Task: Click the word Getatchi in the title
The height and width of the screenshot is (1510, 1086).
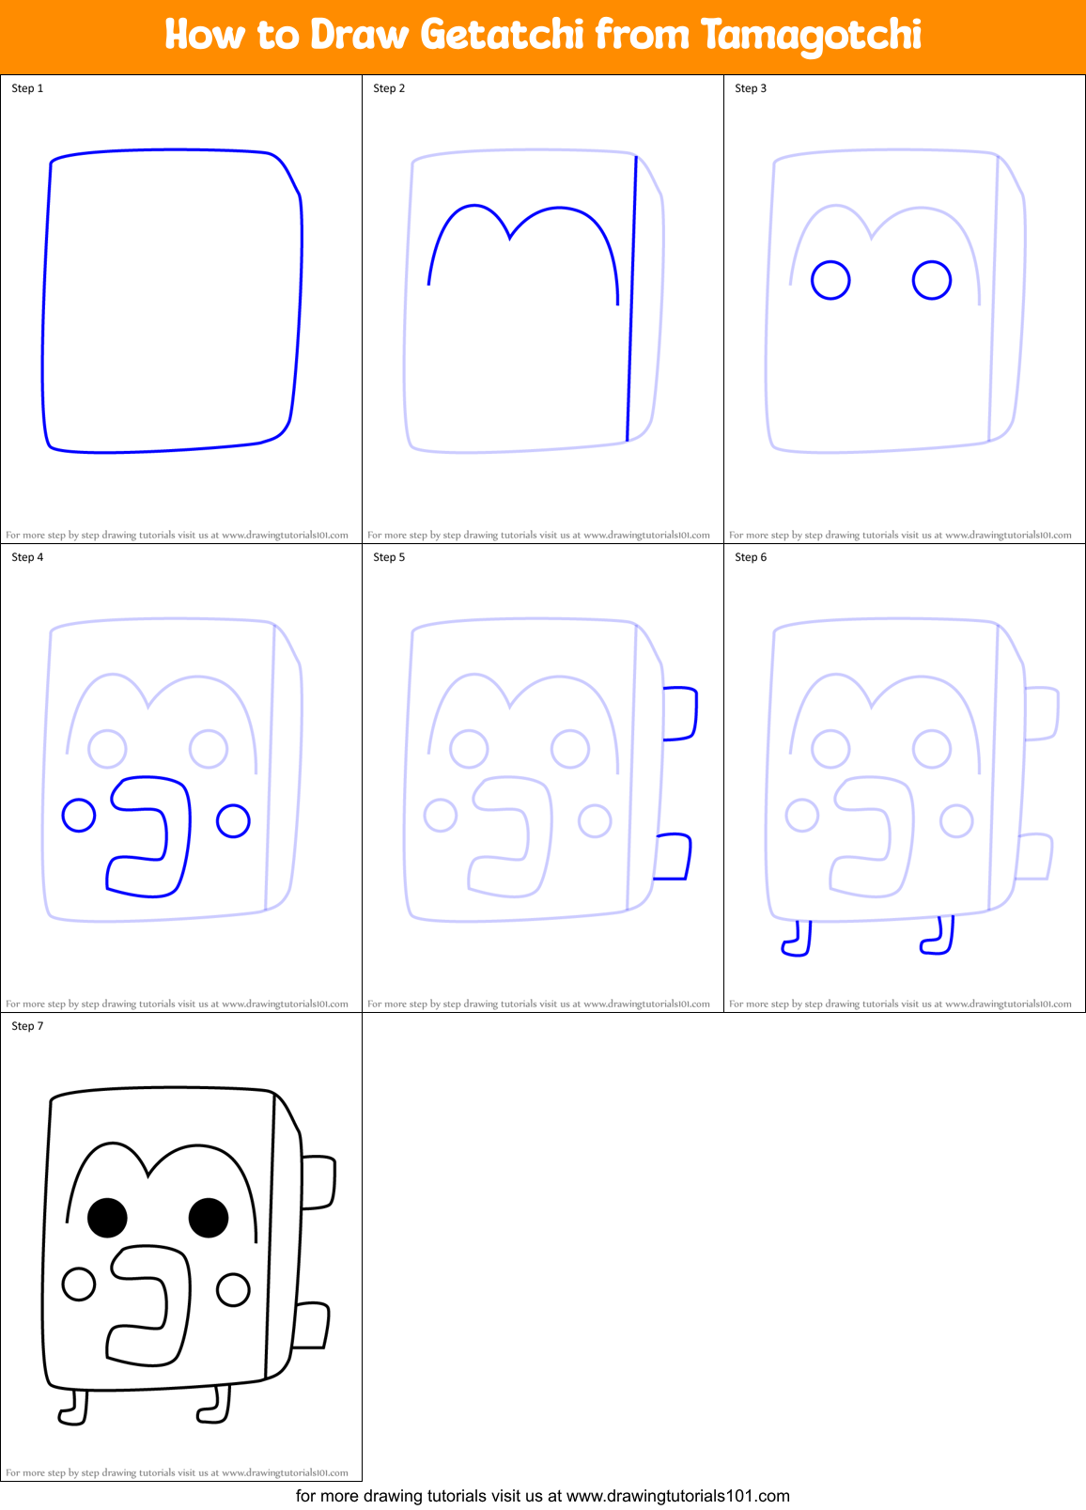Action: click(x=503, y=35)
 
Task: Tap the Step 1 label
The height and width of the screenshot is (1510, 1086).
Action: click(x=27, y=88)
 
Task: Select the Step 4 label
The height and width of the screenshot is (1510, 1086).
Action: click(x=27, y=557)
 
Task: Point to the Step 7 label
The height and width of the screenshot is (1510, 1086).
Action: click(x=27, y=1026)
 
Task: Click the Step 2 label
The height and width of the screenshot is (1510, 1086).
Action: click(x=389, y=88)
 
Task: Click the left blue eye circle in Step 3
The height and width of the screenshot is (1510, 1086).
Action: click(x=830, y=280)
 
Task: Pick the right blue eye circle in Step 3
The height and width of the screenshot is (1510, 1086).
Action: click(x=932, y=280)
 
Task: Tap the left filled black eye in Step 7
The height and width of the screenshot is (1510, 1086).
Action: click(x=107, y=1218)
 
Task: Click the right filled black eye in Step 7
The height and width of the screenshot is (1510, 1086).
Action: click(x=209, y=1218)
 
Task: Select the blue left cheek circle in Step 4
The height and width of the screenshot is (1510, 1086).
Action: click(x=79, y=815)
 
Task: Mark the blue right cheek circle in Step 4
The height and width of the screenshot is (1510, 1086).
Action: click(x=233, y=820)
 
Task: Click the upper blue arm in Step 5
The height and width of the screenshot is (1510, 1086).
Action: click(x=680, y=714)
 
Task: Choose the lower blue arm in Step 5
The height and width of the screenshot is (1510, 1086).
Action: click(x=673, y=857)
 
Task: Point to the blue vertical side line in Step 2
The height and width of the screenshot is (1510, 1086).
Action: click(x=631, y=301)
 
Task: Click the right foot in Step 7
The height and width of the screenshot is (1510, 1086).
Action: click(x=216, y=1407)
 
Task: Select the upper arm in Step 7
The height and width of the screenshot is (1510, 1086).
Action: click(x=318, y=1182)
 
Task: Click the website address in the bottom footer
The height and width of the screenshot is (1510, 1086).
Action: click(x=678, y=1496)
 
